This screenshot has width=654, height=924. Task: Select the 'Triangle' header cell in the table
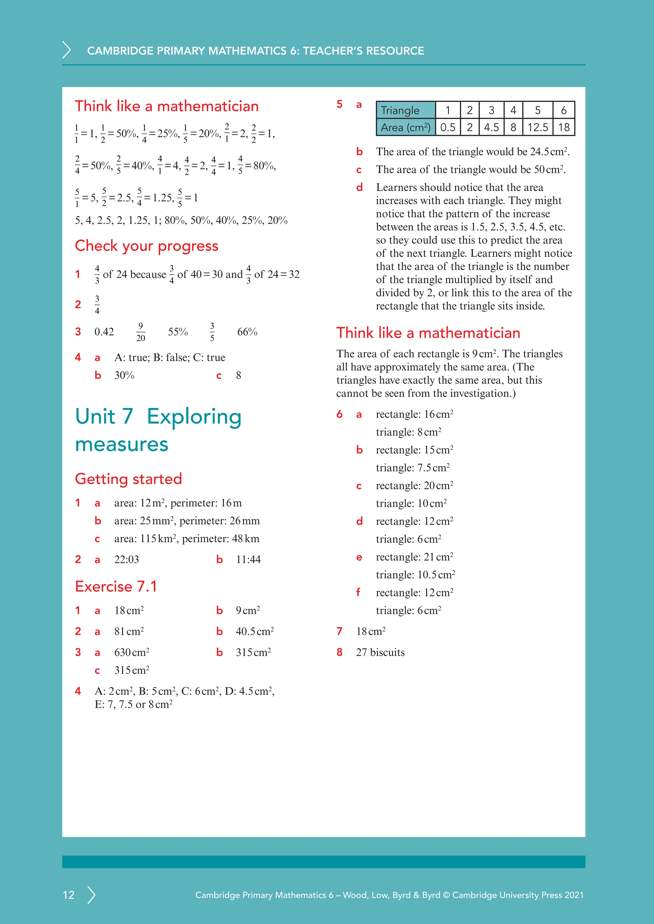(406, 110)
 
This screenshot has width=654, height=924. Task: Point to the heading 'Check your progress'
(147, 246)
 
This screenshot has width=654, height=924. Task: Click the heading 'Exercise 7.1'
(116, 586)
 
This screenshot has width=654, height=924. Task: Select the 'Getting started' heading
(128, 479)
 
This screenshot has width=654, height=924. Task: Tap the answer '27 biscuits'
(380, 652)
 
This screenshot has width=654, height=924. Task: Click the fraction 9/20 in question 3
(141, 332)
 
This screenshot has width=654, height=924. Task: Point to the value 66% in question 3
(247, 332)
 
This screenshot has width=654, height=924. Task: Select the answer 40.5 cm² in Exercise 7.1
(255, 631)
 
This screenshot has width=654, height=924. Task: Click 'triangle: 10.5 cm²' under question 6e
(415, 575)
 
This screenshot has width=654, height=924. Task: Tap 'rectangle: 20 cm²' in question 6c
(414, 486)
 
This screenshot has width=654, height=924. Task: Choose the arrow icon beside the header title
(67, 50)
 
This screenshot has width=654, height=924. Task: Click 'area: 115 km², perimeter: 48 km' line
(186, 539)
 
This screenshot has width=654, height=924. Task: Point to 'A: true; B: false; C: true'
(170, 357)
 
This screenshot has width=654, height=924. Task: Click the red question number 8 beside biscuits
(339, 652)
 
